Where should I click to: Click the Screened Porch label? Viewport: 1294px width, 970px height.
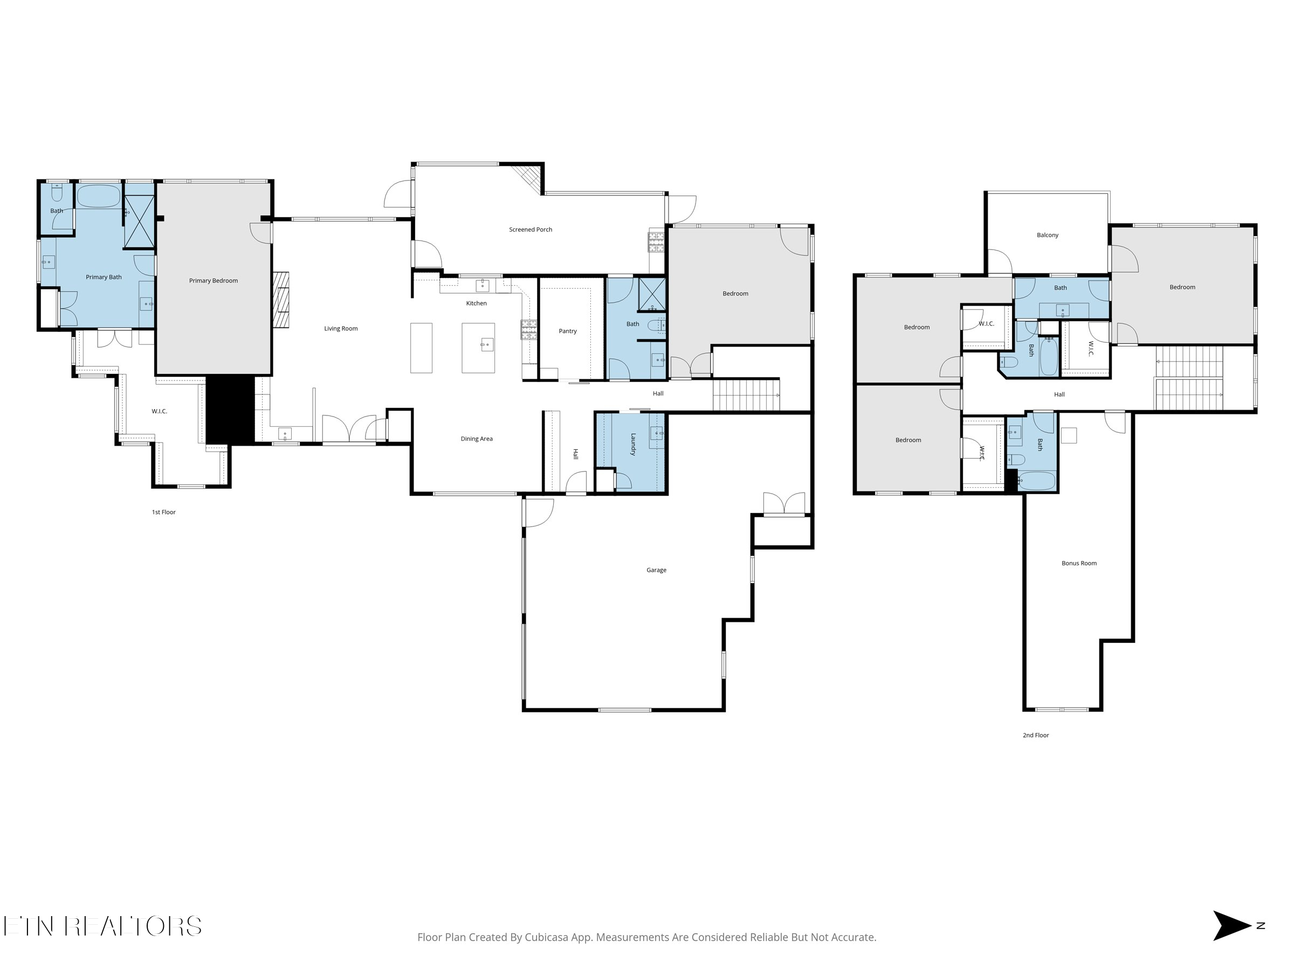tap(530, 230)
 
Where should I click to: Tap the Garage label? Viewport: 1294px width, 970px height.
tap(656, 570)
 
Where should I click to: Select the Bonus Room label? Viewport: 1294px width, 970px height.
tap(1079, 564)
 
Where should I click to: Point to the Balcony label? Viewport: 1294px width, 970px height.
tap(1047, 235)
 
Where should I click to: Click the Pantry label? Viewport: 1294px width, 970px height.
tap(567, 331)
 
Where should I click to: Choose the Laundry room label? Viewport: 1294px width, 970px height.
tap(633, 445)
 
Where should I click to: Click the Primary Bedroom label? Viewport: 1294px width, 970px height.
tap(213, 281)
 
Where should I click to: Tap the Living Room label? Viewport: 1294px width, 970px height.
tap(340, 329)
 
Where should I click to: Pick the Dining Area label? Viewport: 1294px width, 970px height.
tap(476, 439)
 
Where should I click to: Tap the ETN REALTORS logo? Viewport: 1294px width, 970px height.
tap(102, 926)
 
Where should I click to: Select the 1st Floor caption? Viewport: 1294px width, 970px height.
tap(163, 512)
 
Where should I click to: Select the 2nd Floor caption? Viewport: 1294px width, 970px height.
tap(1035, 736)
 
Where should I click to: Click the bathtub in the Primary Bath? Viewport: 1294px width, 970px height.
tap(98, 197)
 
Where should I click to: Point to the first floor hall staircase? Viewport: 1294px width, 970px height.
tap(746, 394)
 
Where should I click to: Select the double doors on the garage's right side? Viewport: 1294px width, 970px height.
tap(784, 503)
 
